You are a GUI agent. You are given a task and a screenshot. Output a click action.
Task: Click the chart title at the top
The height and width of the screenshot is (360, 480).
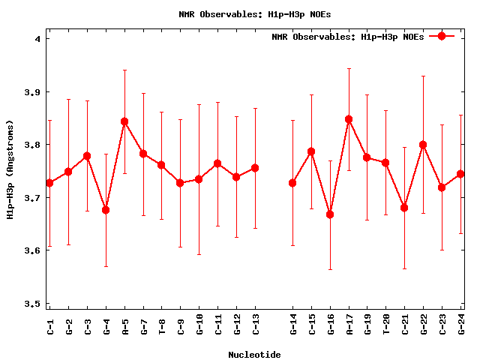point(244,14)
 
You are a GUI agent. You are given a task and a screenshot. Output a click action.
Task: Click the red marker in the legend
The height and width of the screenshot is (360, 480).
point(442,36)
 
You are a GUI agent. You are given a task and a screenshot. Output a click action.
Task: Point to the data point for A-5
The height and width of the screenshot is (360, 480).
point(124,121)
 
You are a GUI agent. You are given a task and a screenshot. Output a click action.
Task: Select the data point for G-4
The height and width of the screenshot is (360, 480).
point(106,210)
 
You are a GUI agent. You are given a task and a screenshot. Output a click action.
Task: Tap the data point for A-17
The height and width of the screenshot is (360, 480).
point(349,119)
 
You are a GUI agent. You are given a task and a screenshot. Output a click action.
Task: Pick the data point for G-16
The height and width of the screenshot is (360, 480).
point(330,214)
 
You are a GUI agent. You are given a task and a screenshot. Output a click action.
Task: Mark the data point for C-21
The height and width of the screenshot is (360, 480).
point(405,208)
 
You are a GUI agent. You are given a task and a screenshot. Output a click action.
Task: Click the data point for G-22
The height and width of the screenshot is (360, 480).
point(424,145)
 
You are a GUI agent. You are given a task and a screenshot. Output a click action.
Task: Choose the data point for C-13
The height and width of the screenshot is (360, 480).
point(256,168)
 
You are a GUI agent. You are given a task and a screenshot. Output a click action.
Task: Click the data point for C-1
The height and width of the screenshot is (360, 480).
point(49,183)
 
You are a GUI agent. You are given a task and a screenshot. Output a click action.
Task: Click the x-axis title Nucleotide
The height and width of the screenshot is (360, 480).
point(256,354)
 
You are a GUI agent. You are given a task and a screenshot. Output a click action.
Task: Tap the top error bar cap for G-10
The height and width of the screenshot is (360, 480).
point(199,104)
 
